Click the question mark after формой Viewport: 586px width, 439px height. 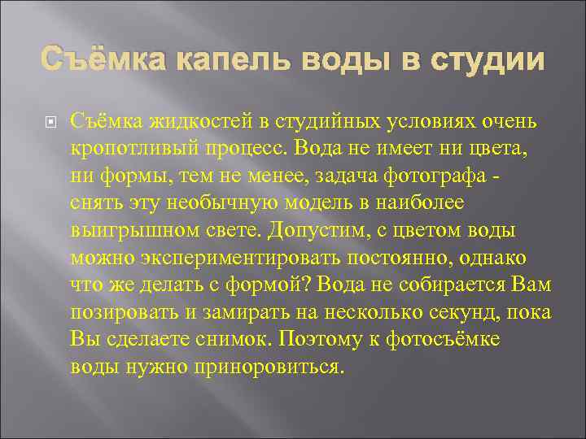(x=313, y=285)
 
